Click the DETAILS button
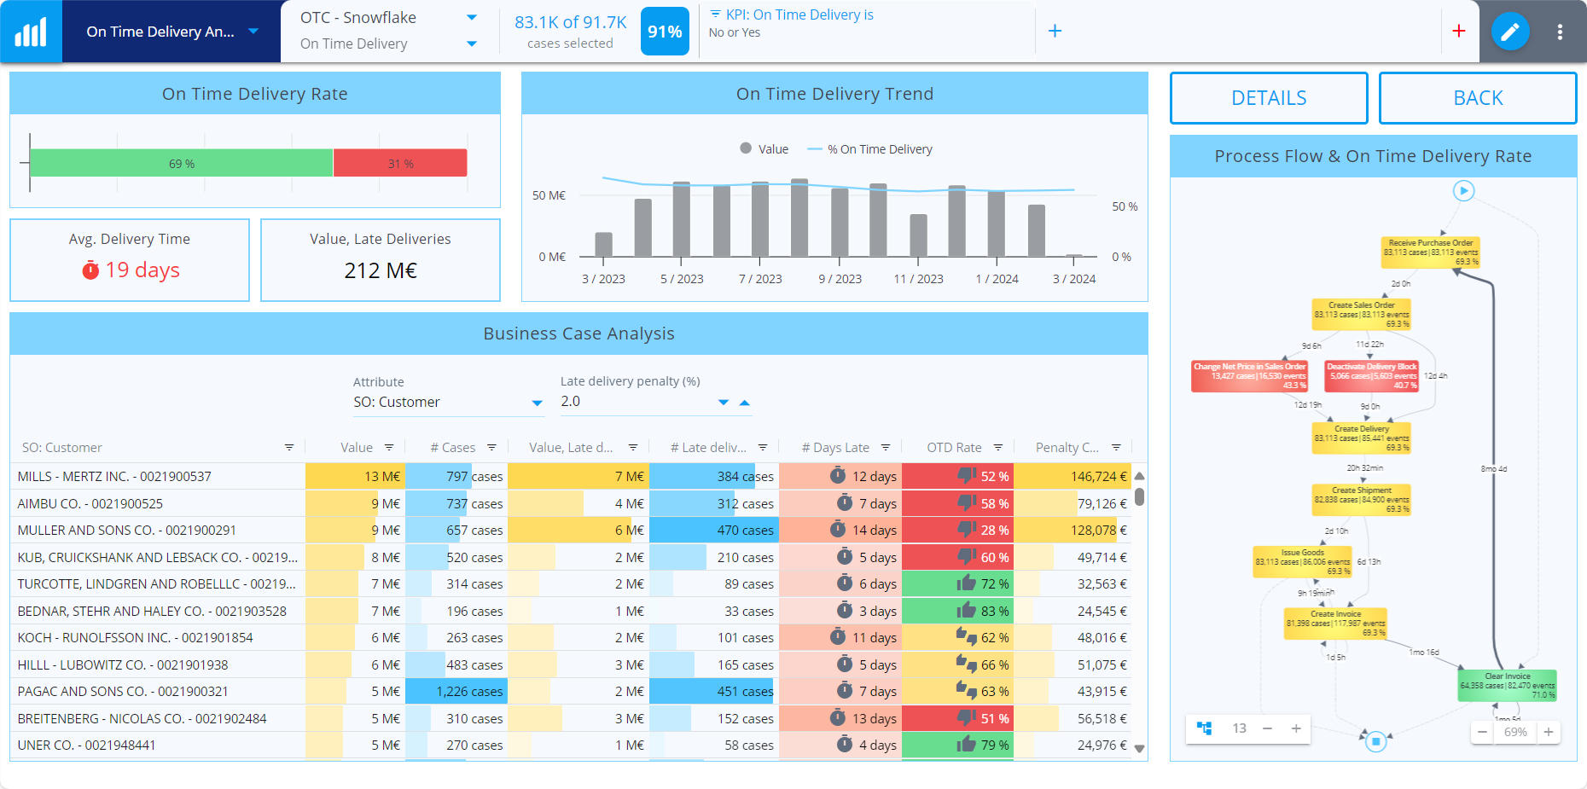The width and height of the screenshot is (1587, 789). pos(1268,98)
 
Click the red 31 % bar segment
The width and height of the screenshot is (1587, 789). pos(400,163)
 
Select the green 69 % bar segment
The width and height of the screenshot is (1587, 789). pos(181,163)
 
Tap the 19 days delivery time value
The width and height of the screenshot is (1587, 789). pos(142,270)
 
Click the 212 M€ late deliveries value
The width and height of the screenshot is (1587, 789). pos(381,270)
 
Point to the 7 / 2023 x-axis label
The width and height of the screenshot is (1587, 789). pos(760,279)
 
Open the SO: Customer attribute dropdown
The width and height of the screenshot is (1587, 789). pos(448,403)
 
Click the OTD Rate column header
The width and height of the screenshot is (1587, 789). pos(954,448)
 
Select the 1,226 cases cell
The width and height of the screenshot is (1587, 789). pos(456,692)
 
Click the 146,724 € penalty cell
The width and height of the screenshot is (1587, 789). pos(1072,477)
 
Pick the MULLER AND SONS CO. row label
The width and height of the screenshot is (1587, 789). pos(127,531)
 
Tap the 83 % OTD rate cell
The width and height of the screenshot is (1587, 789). pos(957,612)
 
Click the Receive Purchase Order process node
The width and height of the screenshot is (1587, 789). pos(1430,252)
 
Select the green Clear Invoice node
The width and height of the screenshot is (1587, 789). pos(1508,686)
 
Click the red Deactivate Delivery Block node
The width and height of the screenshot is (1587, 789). pos(1372,376)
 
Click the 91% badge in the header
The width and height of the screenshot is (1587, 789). pos(664,32)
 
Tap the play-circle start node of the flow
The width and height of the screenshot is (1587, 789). pos(1463,191)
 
